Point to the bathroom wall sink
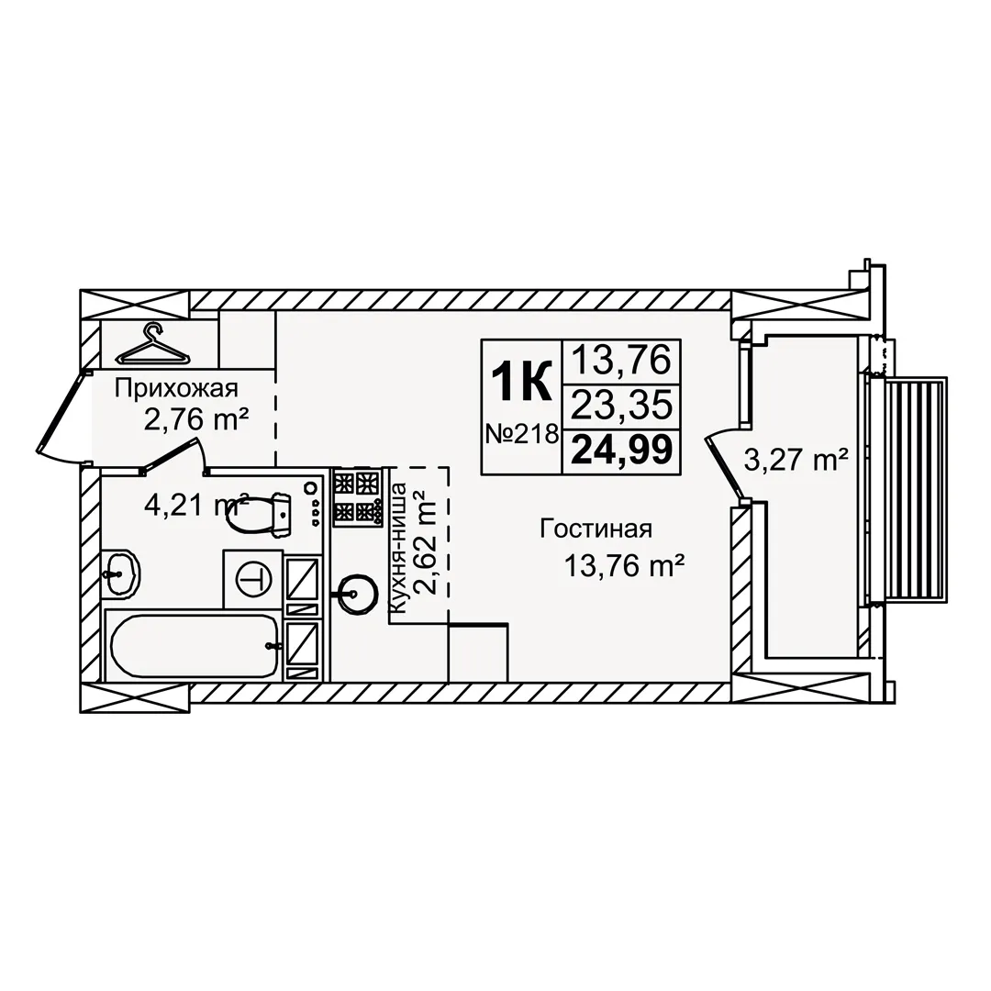[121, 573]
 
